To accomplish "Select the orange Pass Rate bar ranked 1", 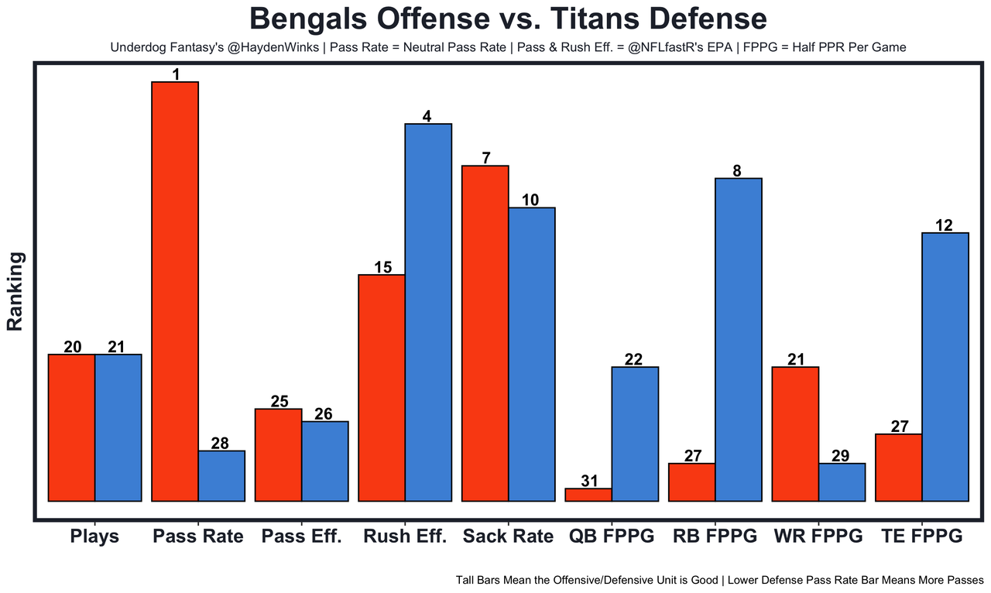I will pos(175,291).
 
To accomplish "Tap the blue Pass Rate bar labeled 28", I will pos(221,476).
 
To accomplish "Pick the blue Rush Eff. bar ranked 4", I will pos(428,312).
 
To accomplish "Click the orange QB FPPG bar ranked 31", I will pos(588,495).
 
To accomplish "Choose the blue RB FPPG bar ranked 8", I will pos(739,340).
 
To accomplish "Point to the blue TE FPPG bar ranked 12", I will pos(945,367).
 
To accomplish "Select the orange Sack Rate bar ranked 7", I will pos(485,333).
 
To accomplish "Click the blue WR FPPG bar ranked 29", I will pos(842,482).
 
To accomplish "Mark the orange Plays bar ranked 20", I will pos(72,427).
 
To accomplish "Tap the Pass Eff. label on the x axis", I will pos(301,536).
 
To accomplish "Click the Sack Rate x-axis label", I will pos(508,536).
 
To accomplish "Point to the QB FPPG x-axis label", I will pos(611,536).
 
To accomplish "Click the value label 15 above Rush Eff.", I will pos(383,268).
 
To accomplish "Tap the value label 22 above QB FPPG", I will pos(633,360).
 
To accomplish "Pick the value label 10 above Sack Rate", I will pos(530,201).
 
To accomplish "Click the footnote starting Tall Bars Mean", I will pos(719,579).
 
